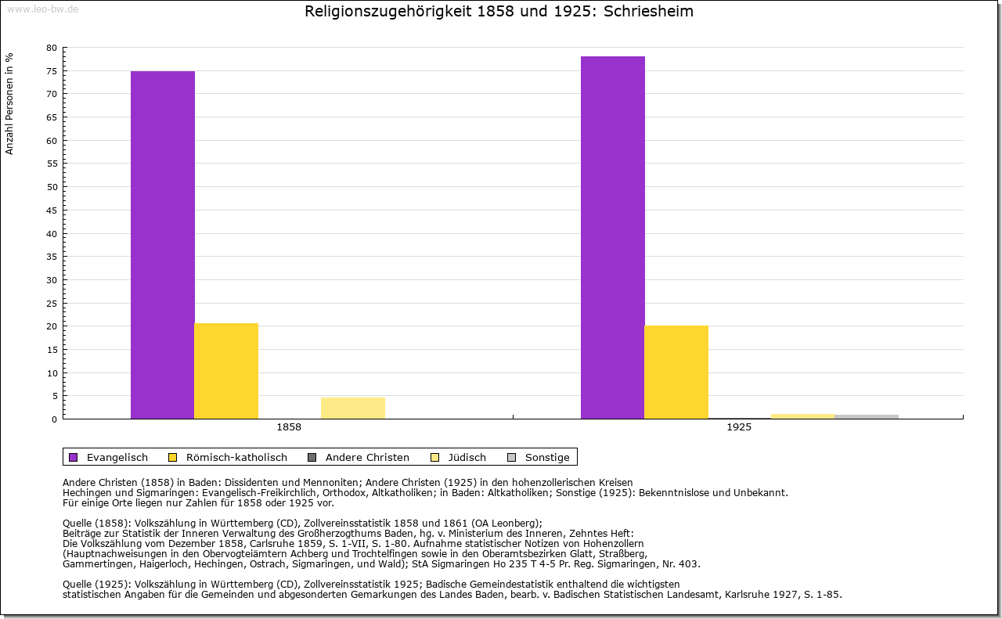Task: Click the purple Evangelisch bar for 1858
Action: tap(163, 244)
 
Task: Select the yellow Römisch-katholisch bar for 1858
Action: tap(226, 371)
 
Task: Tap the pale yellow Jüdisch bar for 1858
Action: tap(353, 408)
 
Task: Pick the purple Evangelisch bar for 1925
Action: tap(613, 237)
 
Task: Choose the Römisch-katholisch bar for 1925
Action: tap(676, 372)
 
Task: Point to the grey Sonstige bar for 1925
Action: tap(867, 416)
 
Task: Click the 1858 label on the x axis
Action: tap(289, 428)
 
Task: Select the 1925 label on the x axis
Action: tap(739, 428)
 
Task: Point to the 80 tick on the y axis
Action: tap(51, 48)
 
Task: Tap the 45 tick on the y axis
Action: tap(51, 211)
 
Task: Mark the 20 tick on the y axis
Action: tap(51, 326)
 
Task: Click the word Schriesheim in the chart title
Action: tap(649, 12)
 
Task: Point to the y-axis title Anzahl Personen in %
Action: tap(10, 103)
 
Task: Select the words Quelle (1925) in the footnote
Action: tap(97, 584)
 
